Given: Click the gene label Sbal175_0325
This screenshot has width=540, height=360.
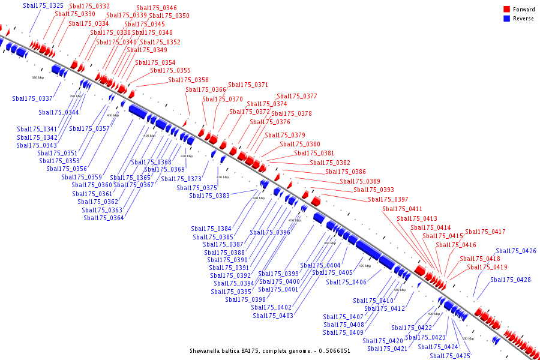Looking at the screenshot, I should [43, 5].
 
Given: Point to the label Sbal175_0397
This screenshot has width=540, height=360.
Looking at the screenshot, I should [388, 199].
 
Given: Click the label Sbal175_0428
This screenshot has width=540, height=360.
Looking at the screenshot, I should [511, 280].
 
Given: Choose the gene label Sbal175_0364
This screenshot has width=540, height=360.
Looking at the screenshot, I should [104, 218].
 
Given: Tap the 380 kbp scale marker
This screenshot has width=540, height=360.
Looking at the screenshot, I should [38, 77].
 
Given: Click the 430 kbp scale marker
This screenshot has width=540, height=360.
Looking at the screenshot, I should [223, 177].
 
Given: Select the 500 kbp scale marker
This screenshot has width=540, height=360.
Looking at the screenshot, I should [468, 338].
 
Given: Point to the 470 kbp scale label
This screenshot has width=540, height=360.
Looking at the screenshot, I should [365, 266].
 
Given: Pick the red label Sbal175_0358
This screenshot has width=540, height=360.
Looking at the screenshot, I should [188, 80].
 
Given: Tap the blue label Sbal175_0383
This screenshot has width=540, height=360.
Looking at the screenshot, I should [209, 196].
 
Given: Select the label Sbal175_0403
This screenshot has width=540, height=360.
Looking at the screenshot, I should [273, 316].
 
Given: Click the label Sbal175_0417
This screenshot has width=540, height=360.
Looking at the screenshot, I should [485, 232].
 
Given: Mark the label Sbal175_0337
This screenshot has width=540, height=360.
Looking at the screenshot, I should [32, 98].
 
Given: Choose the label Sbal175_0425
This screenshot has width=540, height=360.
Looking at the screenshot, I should [451, 356].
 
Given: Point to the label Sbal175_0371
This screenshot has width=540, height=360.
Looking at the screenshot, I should [248, 85].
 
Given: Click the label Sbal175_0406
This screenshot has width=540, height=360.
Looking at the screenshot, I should [346, 282].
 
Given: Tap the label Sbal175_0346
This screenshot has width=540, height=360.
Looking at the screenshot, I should [157, 8].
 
